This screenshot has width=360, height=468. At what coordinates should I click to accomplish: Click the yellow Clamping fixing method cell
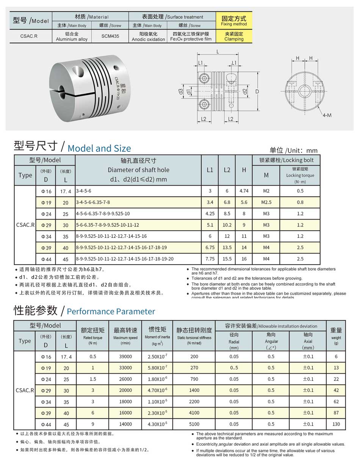(234, 36)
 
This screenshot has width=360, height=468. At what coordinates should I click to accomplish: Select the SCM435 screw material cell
(110, 37)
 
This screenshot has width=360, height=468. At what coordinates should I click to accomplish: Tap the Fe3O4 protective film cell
(191, 37)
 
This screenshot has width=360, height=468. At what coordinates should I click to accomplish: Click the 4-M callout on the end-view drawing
(327, 115)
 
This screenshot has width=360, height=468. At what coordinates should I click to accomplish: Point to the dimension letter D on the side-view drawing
(257, 92)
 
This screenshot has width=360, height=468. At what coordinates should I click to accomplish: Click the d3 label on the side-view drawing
(181, 91)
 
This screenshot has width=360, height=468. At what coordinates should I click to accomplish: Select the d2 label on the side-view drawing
(245, 91)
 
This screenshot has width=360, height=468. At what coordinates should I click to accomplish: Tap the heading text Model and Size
(99, 148)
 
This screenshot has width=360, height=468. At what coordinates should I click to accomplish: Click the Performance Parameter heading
(111, 312)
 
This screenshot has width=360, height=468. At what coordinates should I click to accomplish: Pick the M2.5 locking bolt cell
(266, 203)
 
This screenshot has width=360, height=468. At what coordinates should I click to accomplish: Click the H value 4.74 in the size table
(244, 191)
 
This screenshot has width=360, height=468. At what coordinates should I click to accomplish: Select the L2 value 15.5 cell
(227, 259)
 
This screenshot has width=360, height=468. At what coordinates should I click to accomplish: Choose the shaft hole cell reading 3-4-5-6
(84, 191)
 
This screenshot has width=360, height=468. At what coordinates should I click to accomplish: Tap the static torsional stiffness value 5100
(194, 424)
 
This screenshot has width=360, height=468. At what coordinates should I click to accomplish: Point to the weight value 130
(336, 424)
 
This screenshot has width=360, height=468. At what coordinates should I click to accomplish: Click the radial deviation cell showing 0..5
(234, 368)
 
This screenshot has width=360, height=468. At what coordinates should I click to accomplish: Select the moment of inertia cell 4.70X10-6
(157, 390)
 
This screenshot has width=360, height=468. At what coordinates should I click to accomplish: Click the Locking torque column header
(300, 175)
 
